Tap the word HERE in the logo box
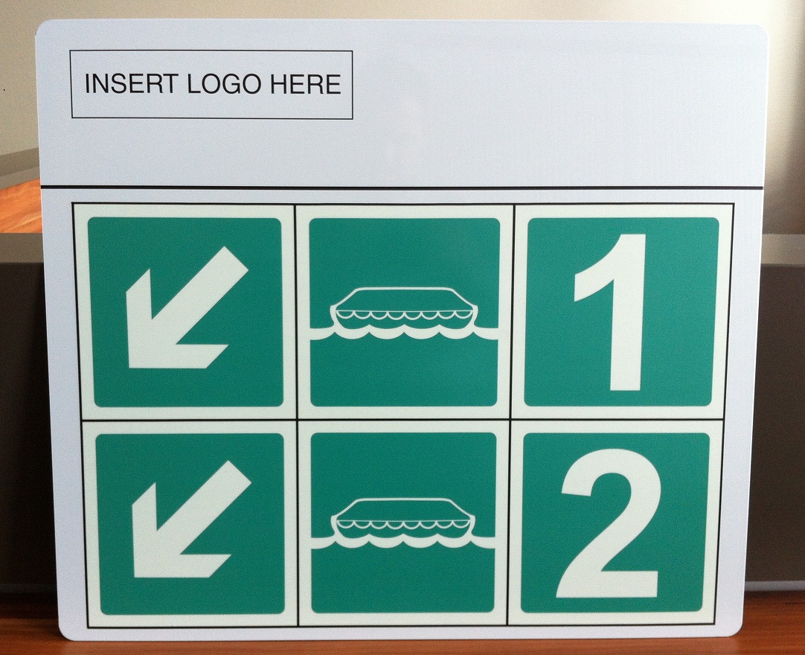(305, 84)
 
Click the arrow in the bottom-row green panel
(190, 519)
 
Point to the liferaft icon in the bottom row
(405, 524)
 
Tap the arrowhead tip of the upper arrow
(129, 367)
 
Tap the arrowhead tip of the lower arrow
(134, 576)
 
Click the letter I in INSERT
(88, 84)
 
